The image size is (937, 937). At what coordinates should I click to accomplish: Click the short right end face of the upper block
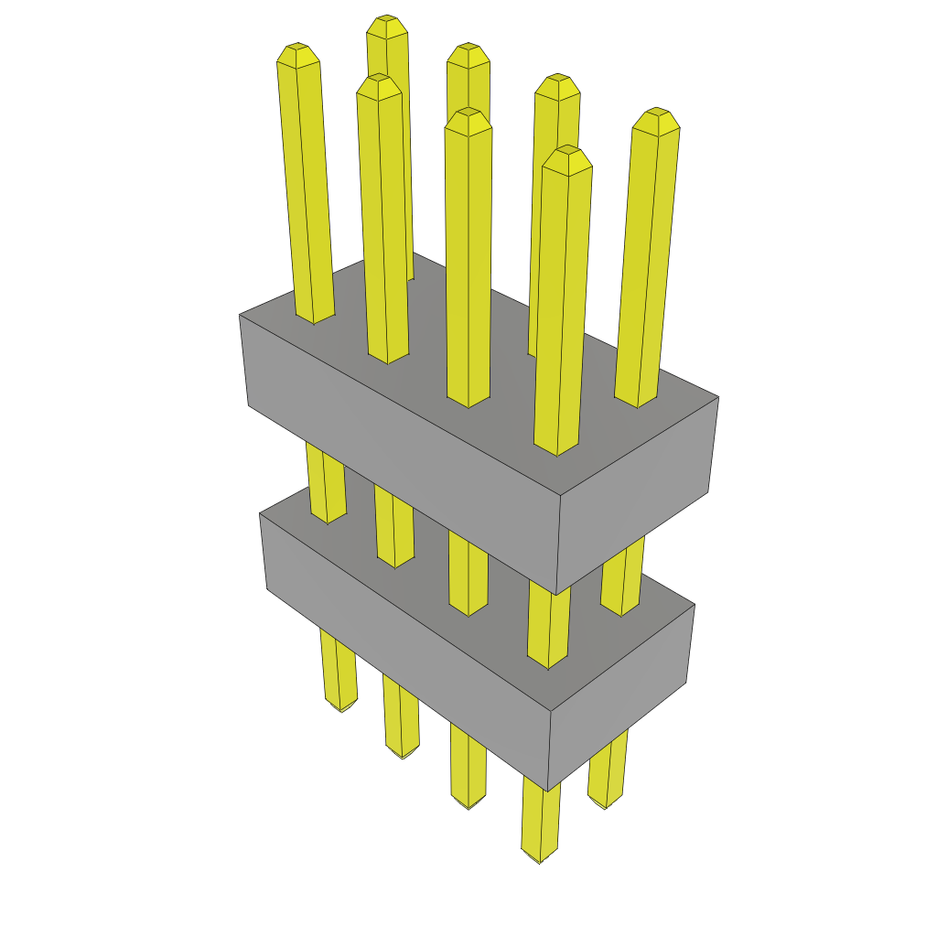636,494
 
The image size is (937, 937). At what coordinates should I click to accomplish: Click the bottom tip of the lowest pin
540,860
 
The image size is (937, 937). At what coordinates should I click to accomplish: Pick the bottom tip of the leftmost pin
341,708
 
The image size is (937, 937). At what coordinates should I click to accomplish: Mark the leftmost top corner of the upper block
240,315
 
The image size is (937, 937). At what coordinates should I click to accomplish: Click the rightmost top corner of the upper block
718,397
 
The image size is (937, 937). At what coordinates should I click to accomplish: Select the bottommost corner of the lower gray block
547,791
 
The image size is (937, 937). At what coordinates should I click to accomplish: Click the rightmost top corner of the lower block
694,604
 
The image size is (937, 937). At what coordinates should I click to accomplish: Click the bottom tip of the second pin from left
402,754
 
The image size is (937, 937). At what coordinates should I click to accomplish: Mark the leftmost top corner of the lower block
261,514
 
